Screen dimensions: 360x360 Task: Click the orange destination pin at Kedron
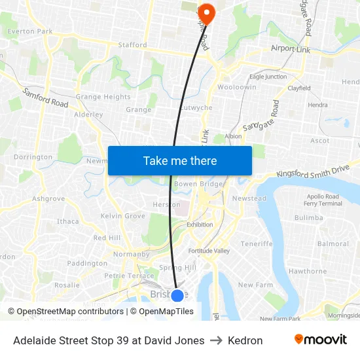click(207, 12)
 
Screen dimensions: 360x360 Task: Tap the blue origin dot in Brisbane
click(177, 295)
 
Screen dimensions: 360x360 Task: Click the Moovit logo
click(320, 340)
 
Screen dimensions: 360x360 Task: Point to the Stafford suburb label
click(132, 45)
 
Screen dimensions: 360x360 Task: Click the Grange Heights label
click(103, 97)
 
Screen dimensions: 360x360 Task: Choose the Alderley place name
click(88, 114)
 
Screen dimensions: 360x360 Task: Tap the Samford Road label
click(46, 99)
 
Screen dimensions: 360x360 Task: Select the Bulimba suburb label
click(308, 217)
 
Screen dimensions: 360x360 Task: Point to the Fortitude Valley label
click(209, 251)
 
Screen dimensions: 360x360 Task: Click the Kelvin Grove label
click(123, 215)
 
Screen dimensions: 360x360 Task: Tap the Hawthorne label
click(307, 271)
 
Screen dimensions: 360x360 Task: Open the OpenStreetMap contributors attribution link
click(67, 312)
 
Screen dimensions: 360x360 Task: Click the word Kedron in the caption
click(245, 340)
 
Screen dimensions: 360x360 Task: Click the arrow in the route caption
click(215, 340)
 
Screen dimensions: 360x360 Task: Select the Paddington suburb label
click(87, 263)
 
